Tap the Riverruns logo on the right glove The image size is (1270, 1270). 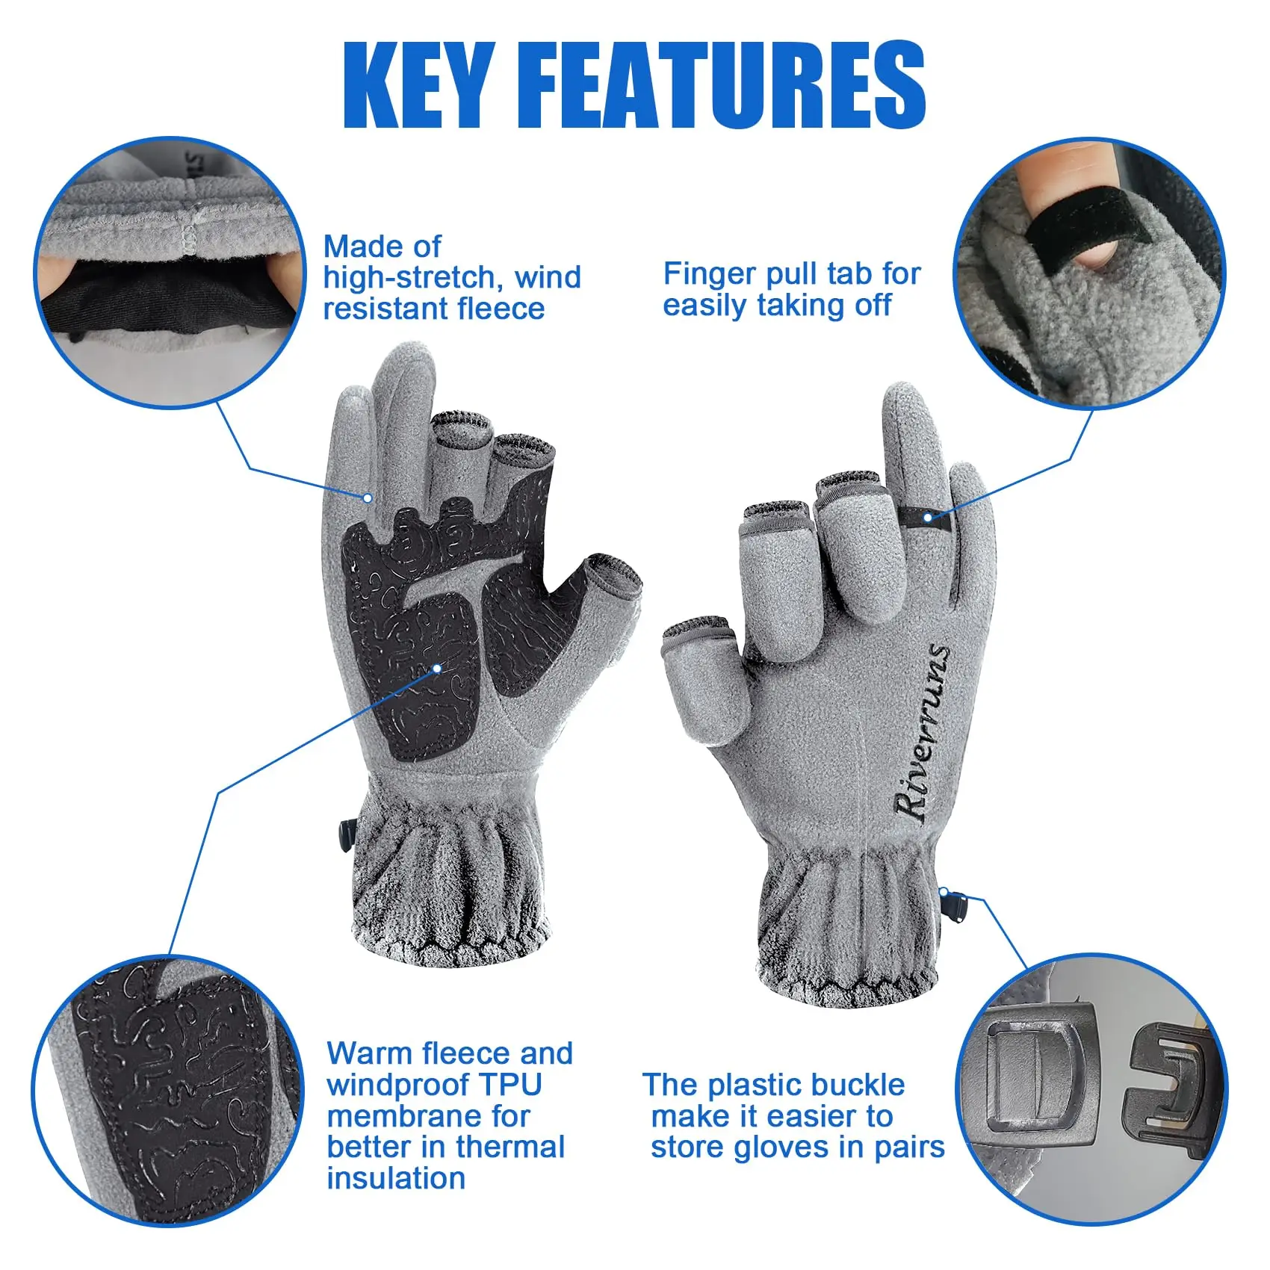(923, 732)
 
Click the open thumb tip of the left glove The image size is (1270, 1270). (614, 574)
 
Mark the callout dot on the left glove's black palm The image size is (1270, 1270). (437, 668)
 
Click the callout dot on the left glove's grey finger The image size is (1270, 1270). (368, 498)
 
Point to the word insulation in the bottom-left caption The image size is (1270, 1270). (396, 1178)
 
